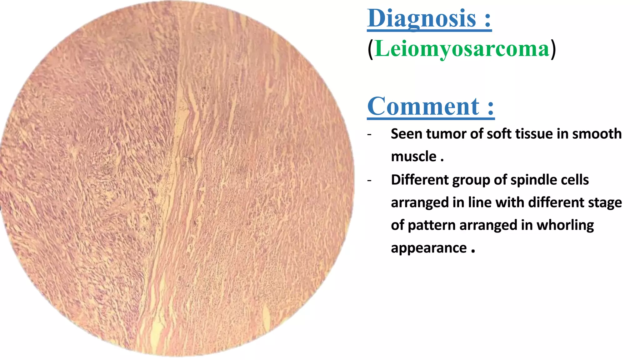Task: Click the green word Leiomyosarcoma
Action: point(462,49)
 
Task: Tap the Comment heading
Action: point(423,107)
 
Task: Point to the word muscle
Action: point(413,157)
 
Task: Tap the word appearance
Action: point(429,248)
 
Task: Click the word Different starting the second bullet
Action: point(420,180)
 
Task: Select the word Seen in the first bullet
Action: point(406,134)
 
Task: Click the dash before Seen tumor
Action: point(370,135)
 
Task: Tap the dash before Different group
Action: point(370,181)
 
